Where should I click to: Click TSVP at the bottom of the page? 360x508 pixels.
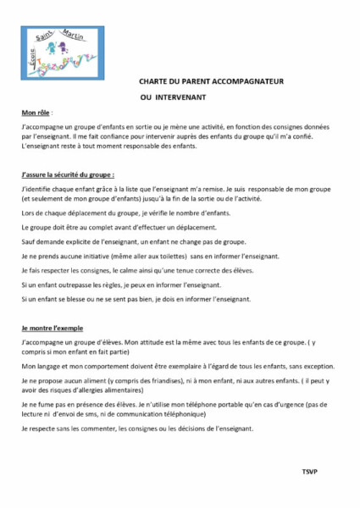(311, 469)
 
